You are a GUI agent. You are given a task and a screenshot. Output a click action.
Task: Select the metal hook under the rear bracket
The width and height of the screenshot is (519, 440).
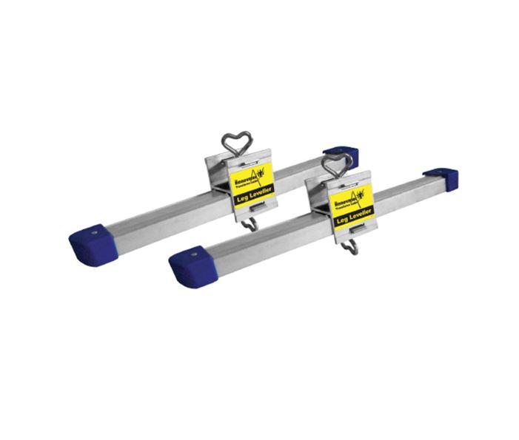[x=252, y=224]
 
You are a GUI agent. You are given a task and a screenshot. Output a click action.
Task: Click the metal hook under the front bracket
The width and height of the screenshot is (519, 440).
[x=352, y=246]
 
